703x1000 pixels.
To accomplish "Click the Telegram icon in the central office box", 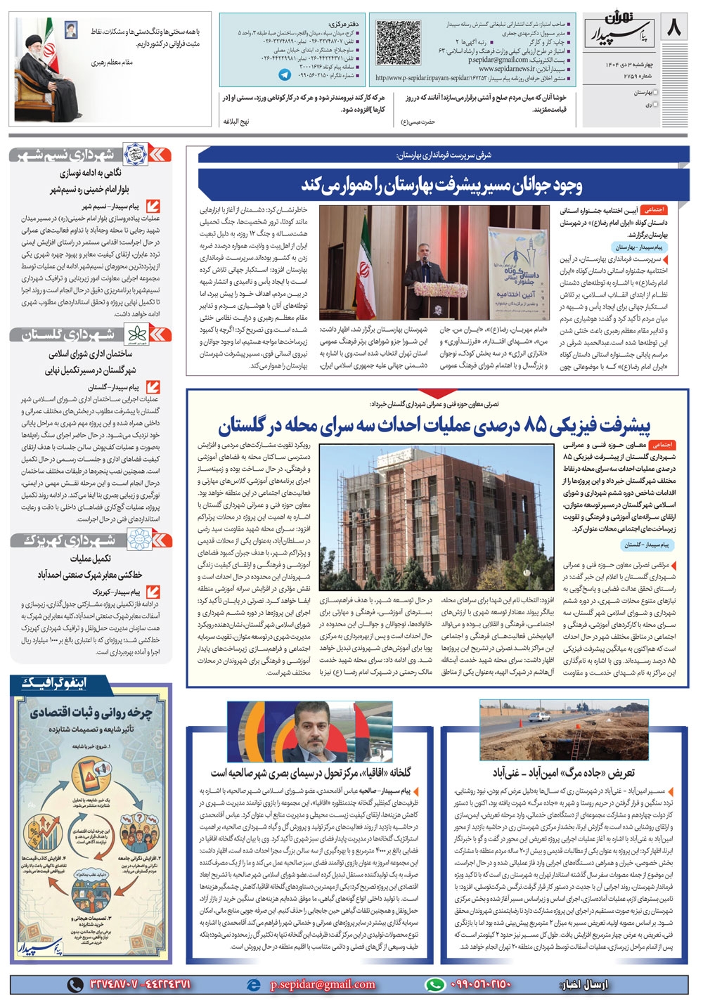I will pos(285,74).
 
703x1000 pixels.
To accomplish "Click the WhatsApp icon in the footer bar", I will pos(436,985).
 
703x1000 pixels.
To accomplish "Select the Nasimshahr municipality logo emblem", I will pos(134,155).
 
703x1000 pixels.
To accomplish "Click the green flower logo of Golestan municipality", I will pos(134,335).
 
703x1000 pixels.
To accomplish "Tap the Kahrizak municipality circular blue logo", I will pos(136,540).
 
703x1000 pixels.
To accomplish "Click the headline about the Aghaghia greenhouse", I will pos(311,772).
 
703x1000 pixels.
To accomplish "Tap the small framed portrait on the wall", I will pos(71,29).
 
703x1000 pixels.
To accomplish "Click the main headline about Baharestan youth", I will pos(441,184).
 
